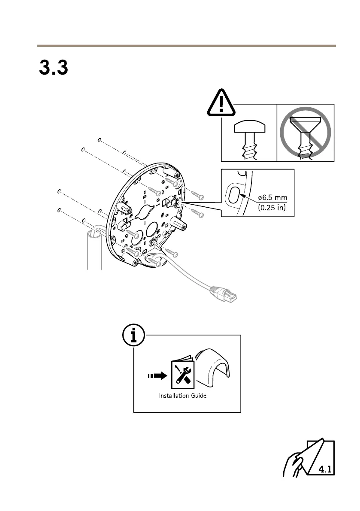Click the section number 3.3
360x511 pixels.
coord(54,68)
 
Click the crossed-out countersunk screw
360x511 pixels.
coord(306,133)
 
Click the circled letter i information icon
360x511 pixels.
coord(133,336)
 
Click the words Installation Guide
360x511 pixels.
coord(182,395)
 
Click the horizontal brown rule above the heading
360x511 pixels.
coord(186,45)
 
